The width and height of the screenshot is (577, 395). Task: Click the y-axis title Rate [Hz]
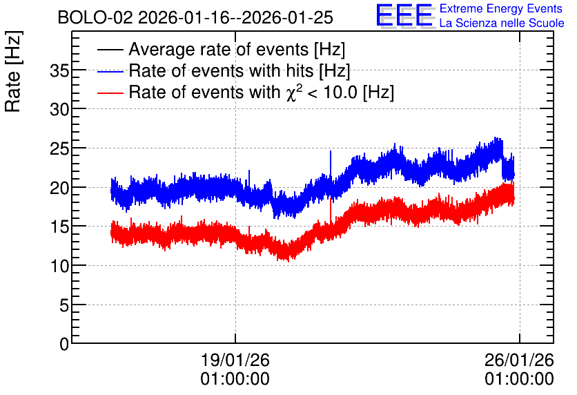point(13,71)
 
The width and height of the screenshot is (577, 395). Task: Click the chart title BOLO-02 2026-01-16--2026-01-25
point(195,18)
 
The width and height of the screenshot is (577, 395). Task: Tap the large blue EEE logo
point(405,15)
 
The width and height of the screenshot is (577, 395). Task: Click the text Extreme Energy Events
point(501,8)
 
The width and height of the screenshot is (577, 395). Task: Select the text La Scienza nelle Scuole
point(502,23)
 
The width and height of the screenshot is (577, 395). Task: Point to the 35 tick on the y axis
point(59,70)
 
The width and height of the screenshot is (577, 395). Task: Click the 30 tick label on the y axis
point(59,109)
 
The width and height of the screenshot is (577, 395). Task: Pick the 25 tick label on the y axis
point(59,148)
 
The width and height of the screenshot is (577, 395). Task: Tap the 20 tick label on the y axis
point(59,188)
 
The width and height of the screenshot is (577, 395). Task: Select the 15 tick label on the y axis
point(59,227)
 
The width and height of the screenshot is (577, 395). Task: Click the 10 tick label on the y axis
point(59,266)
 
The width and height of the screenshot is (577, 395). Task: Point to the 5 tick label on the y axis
point(64,305)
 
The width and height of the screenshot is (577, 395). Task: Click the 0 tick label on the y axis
point(64,344)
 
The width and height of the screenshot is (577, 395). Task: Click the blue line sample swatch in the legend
point(110,72)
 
